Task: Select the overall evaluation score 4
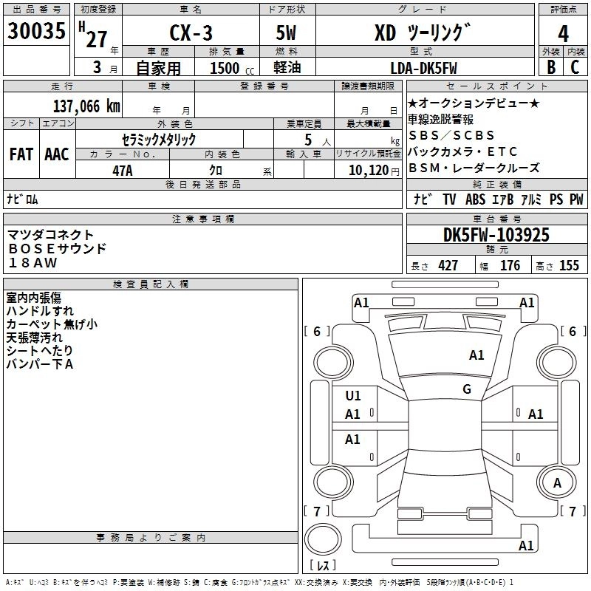[564, 34]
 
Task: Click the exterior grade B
[550, 66]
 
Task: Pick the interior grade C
[575, 66]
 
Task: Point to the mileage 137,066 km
[86, 106]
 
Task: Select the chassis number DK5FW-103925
[496, 236]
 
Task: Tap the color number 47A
[122, 170]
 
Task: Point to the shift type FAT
[21, 154]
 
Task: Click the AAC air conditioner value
[57, 154]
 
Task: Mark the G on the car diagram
[466, 389]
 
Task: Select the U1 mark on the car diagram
[353, 396]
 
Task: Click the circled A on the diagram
[558, 483]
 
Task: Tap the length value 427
[448, 266]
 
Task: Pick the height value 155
[570, 266]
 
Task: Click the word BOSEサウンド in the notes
[57, 248]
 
